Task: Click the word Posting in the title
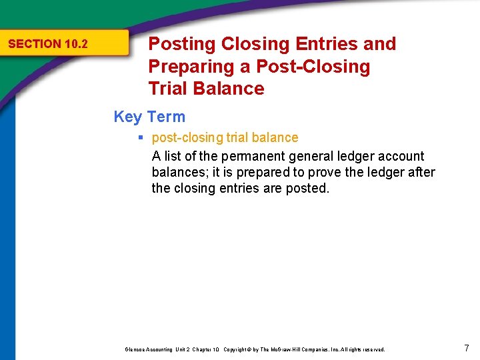(x=182, y=44)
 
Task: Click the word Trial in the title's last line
(x=169, y=89)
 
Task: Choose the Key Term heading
(x=149, y=117)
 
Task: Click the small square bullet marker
(x=141, y=138)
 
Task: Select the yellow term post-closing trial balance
(x=225, y=138)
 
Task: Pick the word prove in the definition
(x=319, y=173)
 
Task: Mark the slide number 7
(x=467, y=347)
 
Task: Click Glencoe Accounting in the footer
(x=146, y=349)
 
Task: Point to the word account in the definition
(x=397, y=157)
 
